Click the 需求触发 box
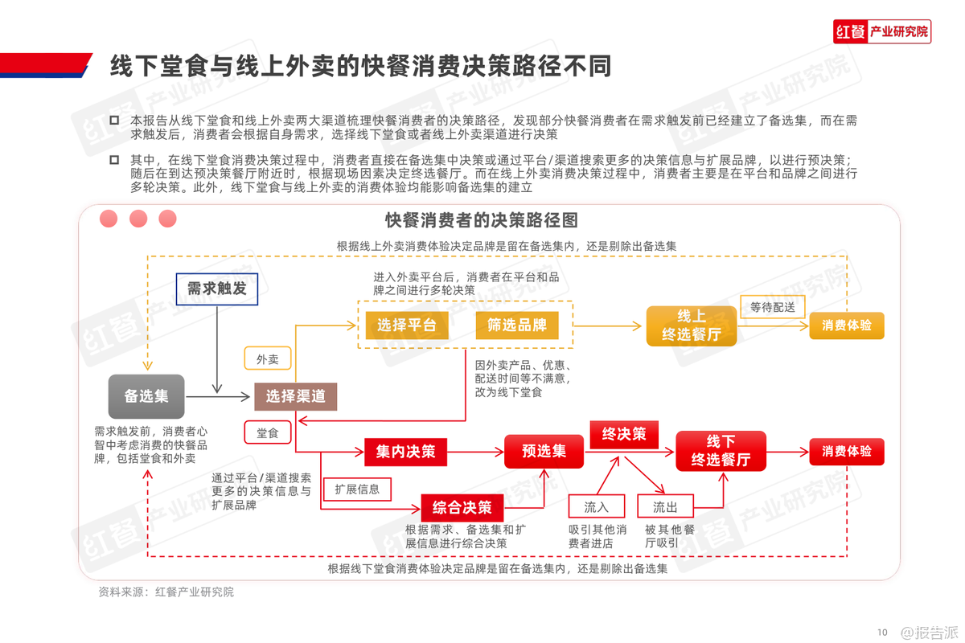point(217,289)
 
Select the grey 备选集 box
point(146,395)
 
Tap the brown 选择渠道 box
point(295,396)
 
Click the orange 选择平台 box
point(406,325)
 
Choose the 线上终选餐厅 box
point(692,326)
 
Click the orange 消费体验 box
point(846,326)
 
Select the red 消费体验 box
point(846,452)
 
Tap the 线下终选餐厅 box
point(721,451)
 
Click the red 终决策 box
point(624,434)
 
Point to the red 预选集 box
point(544,452)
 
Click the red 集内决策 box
point(405,452)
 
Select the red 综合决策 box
point(462,508)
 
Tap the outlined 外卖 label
point(267,359)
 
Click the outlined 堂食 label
point(267,432)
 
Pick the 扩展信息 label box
point(357,489)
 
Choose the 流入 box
point(597,506)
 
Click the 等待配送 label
point(772,307)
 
